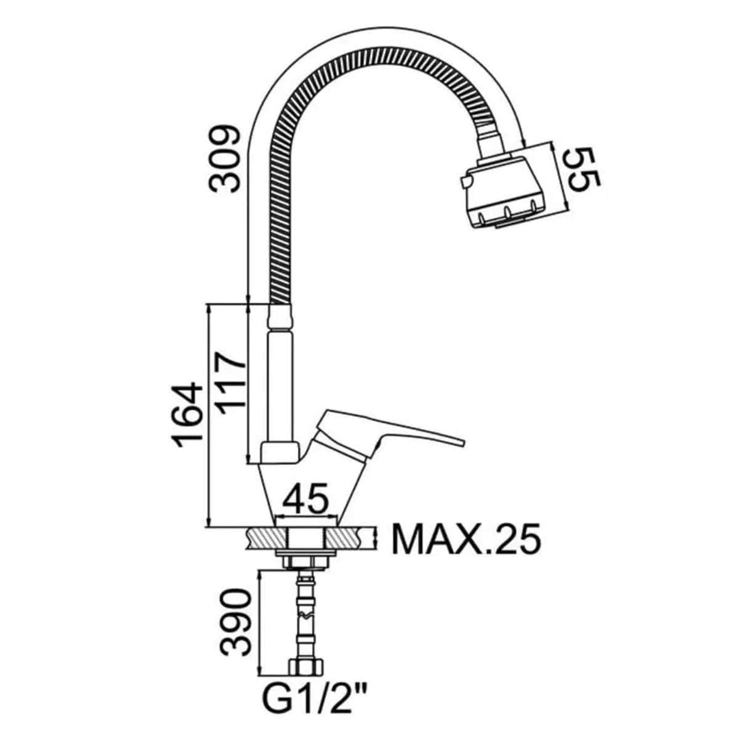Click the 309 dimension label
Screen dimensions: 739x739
coord(223,159)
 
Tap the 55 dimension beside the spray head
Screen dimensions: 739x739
coord(581,169)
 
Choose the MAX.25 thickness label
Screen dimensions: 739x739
coord(466,539)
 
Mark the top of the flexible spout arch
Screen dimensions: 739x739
coord(369,52)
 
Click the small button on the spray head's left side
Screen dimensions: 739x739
coord(464,181)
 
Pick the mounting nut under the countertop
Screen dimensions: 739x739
coord(305,561)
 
